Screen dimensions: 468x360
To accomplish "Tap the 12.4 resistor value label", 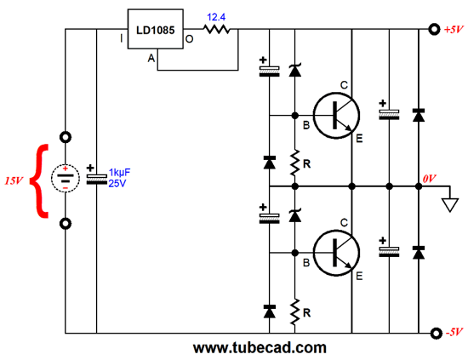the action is click(216, 17).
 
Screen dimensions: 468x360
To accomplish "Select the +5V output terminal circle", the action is click(434, 29).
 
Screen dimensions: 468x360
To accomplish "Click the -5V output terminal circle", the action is click(436, 333).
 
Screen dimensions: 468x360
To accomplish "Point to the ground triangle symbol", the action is click(450, 205).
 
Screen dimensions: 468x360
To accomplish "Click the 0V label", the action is click(429, 179).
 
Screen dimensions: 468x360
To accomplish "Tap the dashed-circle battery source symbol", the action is click(66, 178).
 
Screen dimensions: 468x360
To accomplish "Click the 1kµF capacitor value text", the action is click(119, 173).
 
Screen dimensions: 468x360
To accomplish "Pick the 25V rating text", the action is click(117, 184).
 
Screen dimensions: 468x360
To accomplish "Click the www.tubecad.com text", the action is click(260, 348).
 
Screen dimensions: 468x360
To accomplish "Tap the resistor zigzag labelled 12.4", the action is click(217, 29).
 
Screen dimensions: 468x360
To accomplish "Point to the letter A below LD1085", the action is click(151, 58).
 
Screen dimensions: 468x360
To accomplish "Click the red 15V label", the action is click(14, 180).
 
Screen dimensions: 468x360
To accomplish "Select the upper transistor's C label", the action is click(344, 85).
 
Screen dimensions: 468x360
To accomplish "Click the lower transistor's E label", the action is click(359, 276).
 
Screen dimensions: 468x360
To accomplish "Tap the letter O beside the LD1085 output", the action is click(189, 39).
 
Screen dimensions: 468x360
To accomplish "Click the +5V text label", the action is click(454, 30).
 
